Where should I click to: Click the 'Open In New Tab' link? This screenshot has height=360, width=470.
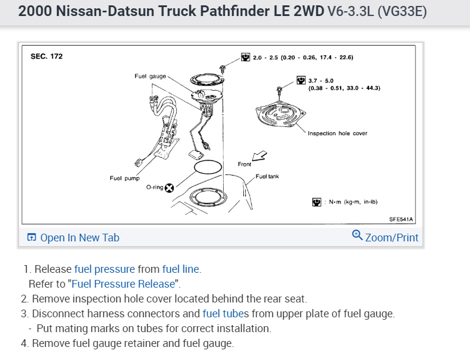[x=79, y=238]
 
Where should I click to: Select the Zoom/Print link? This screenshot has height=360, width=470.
[x=392, y=238]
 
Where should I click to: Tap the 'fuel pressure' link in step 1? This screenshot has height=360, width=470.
[x=104, y=269]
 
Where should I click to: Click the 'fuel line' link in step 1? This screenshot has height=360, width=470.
[x=180, y=269]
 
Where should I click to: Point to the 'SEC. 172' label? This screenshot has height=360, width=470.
[x=46, y=57]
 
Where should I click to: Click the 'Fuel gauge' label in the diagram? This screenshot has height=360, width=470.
[x=150, y=76]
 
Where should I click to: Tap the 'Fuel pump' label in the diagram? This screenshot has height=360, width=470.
[x=124, y=178]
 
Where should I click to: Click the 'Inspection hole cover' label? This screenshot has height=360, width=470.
[x=337, y=133]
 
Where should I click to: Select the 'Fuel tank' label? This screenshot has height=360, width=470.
[x=267, y=176]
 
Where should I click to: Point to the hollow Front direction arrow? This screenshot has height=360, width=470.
[x=259, y=157]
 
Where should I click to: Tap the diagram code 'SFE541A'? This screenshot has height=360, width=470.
[x=401, y=219]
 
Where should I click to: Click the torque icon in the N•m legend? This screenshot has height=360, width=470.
[x=317, y=202]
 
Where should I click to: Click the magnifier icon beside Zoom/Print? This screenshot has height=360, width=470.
[x=357, y=235]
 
